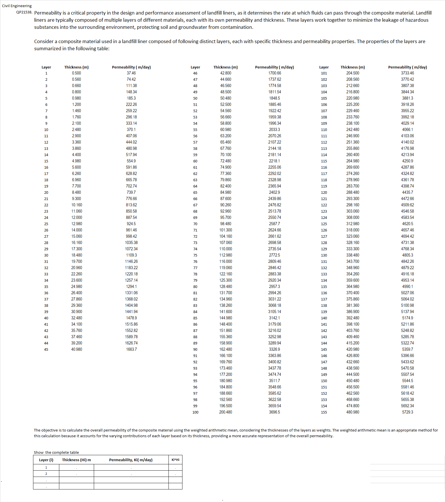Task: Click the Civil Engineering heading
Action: [x=17, y=6]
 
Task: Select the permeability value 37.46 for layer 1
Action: [x=131, y=73]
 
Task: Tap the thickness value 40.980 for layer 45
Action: [x=76, y=349]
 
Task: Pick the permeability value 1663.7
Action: [x=131, y=349]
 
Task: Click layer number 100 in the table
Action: [x=195, y=412]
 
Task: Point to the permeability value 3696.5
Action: [x=274, y=412]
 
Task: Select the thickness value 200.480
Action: [x=225, y=412]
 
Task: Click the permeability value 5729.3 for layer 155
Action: [x=407, y=412]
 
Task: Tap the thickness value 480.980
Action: [x=353, y=412]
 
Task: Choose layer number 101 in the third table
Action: [x=324, y=73]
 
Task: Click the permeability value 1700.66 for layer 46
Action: [x=274, y=73]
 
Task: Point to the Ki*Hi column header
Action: [x=175, y=460]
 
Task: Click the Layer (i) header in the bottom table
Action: [x=46, y=460]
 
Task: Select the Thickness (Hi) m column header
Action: [x=76, y=460]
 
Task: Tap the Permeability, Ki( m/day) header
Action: [x=131, y=460]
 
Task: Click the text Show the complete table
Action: [x=56, y=452]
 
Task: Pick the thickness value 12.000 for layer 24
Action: [x=76, y=217]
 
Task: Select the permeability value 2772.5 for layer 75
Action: [x=274, y=255]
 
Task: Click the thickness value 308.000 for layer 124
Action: [x=353, y=217]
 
